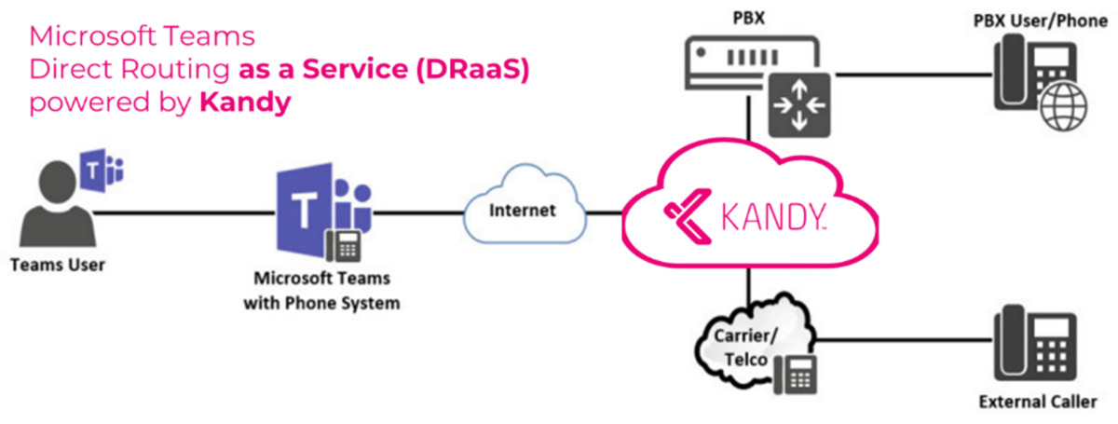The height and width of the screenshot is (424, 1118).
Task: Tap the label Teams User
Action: click(x=58, y=266)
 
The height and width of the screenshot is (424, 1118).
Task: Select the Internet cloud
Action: click(x=523, y=211)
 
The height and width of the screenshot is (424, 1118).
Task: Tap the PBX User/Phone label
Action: click(x=1042, y=16)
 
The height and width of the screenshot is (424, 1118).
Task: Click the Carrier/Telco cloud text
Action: click(x=741, y=344)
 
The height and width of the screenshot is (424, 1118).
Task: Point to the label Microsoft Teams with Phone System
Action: click(x=321, y=291)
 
